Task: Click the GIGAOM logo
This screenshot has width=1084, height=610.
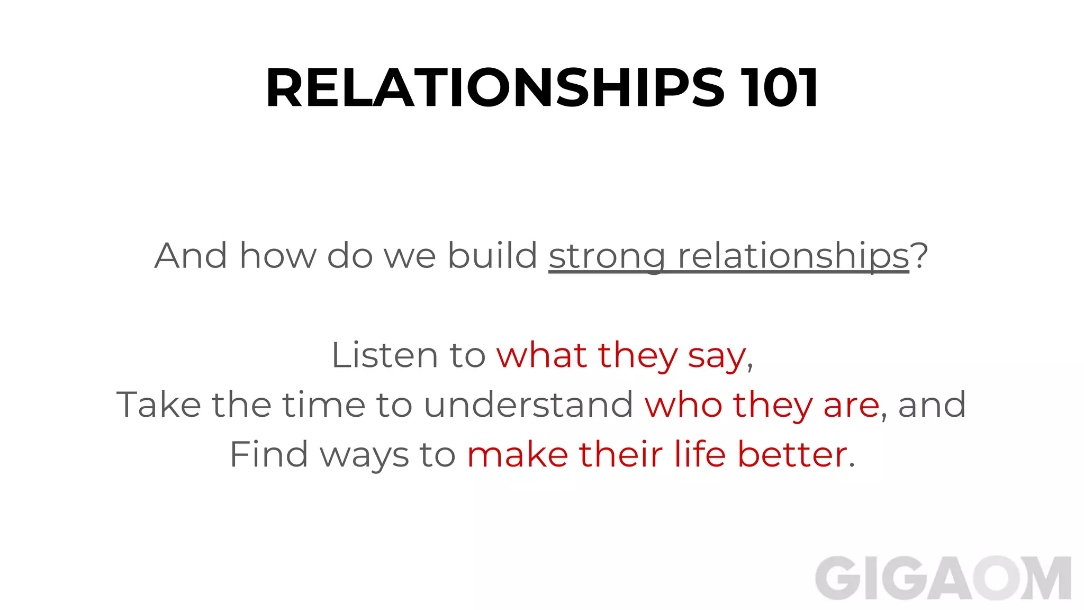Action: (943, 578)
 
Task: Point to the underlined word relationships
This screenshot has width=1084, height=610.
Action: (793, 256)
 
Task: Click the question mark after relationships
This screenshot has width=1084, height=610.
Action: (920, 255)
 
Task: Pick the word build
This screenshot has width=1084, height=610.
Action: (492, 255)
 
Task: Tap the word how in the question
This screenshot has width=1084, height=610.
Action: (277, 255)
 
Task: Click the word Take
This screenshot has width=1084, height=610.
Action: (158, 405)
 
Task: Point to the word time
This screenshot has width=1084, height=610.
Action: (323, 405)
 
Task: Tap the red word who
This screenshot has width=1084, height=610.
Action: (683, 405)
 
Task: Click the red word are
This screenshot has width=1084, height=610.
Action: (851, 406)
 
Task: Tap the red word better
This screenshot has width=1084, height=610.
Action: (792, 454)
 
